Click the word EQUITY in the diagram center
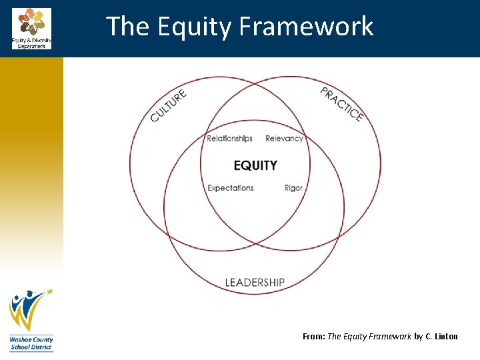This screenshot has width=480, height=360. point(255,165)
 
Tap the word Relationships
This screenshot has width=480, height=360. point(229,139)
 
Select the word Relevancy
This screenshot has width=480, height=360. point(284,139)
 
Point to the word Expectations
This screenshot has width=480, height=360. point(231,188)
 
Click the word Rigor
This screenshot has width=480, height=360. point(293,188)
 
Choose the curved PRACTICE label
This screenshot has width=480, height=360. point(342,105)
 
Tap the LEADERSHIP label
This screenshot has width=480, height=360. point(255,283)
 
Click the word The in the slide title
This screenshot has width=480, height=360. point(128,27)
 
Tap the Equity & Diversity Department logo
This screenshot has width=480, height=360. point(31,29)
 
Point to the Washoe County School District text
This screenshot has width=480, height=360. point(31,343)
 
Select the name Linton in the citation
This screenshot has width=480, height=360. point(446,337)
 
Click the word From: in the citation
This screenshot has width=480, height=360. point(313,337)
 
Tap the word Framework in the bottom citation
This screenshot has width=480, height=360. point(389,337)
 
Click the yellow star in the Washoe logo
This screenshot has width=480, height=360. point(49,291)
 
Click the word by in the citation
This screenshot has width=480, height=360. point(419,337)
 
